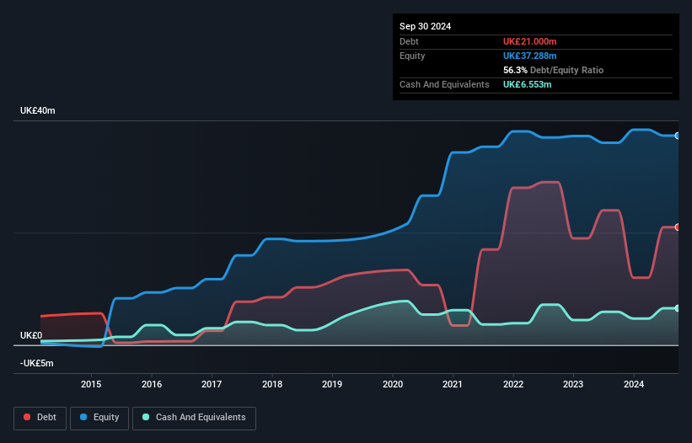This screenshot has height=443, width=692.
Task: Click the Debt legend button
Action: point(40,418)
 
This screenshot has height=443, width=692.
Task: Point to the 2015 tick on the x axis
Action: point(91,385)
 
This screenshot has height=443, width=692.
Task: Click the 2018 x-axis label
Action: point(272,385)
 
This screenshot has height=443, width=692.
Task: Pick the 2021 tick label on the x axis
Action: point(453,385)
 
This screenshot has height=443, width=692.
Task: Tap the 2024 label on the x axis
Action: point(634,385)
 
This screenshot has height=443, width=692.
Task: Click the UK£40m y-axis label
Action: point(37,111)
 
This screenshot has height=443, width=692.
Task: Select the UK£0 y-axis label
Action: point(31,335)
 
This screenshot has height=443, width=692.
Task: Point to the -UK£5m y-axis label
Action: point(37,363)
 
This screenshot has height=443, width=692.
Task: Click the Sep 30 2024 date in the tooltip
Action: point(425,26)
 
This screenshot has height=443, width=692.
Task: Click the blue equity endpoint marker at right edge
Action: point(677,136)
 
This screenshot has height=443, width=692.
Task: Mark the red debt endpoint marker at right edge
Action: point(677,227)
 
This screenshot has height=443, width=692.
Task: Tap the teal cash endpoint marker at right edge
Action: point(677,308)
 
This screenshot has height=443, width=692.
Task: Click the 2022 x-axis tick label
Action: point(513,385)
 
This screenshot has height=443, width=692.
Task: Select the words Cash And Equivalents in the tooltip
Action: point(444,84)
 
